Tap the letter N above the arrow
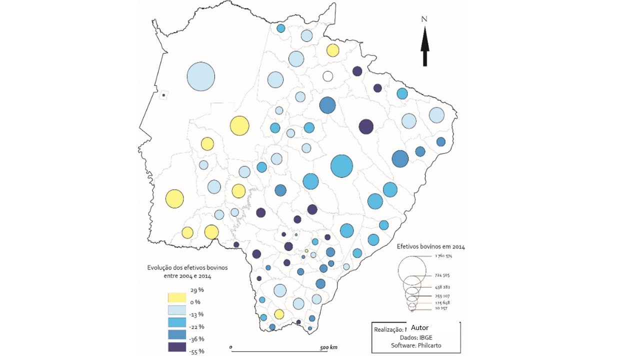point(424,19)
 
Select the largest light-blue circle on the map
point(201,77)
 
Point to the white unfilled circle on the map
point(328,76)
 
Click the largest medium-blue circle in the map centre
point(342,166)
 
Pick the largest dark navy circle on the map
point(366,126)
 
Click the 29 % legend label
point(197,290)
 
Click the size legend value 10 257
point(440,308)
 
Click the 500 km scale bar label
point(328,347)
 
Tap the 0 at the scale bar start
point(230,346)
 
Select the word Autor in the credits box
point(419,328)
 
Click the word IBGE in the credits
point(426,337)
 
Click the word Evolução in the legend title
point(159,267)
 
